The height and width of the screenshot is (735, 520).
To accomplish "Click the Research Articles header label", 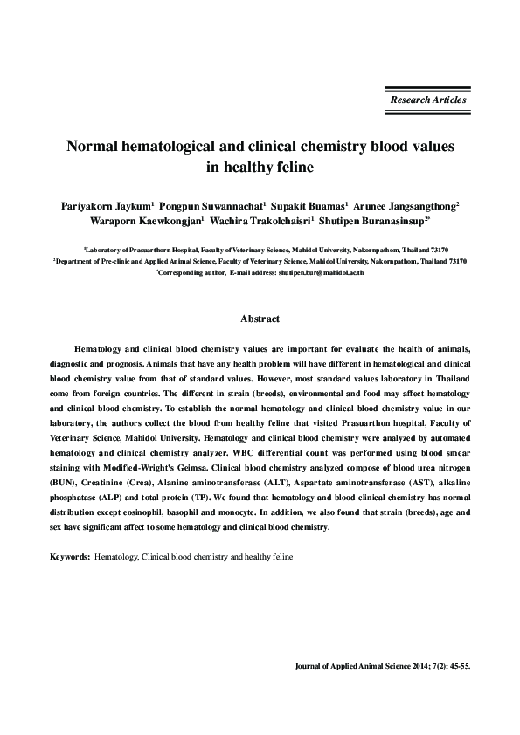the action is coord(428,100).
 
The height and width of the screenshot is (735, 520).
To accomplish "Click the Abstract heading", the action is coord(260,319).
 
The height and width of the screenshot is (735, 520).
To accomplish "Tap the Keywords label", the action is coord(69,555).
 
